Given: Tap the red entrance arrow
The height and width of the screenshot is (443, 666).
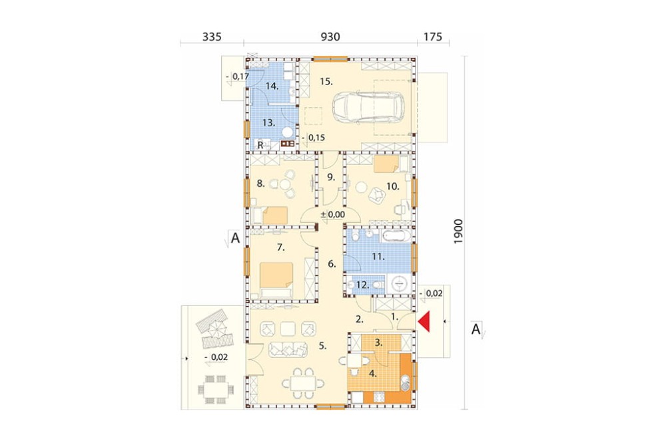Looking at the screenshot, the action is [x=424, y=321].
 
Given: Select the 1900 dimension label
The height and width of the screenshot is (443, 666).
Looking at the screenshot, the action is [x=458, y=231].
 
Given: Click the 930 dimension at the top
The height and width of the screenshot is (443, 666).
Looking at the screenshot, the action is [x=330, y=37].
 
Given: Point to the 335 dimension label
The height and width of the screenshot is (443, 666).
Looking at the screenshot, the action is [x=212, y=37].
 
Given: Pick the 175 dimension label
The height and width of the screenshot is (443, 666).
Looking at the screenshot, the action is [x=433, y=37].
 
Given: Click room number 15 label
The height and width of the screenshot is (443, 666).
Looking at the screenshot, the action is [x=326, y=81].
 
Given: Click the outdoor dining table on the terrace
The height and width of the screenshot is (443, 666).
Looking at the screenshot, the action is [x=215, y=388].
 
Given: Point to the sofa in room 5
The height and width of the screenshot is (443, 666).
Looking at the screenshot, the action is [x=288, y=350].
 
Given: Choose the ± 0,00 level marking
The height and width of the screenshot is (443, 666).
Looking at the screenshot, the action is [x=333, y=215].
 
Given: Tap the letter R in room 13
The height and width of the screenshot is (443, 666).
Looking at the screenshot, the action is [x=260, y=145].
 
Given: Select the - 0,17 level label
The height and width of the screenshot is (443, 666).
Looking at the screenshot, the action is [x=238, y=76].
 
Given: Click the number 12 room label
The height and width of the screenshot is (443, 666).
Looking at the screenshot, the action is [x=362, y=285].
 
